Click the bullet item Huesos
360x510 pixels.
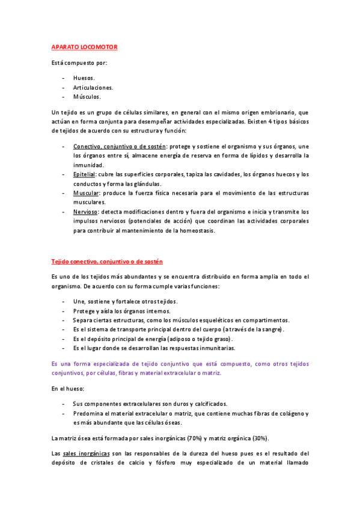[x=84, y=78]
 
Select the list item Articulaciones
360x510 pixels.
[x=93, y=87]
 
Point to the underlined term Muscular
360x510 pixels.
[x=87, y=193]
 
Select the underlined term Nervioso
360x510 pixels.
[x=86, y=212]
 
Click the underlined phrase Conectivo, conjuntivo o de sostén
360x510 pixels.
[x=120, y=146]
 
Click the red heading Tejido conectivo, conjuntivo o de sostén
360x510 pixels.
[x=106, y=262]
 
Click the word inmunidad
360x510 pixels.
[x=89, y=165]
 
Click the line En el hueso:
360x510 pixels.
[x=67, y=389]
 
